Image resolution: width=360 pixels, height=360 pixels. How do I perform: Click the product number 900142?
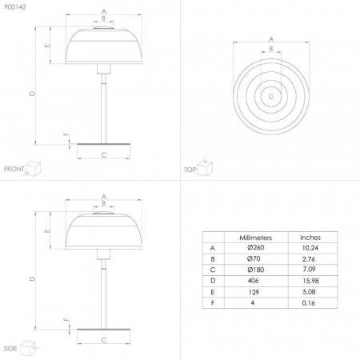pos(15,7)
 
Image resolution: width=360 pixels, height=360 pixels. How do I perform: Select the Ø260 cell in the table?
pos(256,248)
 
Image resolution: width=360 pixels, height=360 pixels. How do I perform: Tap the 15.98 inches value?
pos(310,281)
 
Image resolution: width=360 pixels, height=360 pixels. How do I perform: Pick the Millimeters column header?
pos(255,238)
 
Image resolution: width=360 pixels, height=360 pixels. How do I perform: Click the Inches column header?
pos(310,238)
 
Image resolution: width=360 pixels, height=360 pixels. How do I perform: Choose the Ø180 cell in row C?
pos(256,270)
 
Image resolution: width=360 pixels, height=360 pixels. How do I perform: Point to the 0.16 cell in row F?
pos(309,303)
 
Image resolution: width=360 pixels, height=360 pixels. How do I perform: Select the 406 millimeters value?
pos(253,281)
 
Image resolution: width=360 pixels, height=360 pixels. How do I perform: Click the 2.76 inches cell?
pos(309,259)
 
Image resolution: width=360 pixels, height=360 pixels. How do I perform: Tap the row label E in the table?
pos(213,292)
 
